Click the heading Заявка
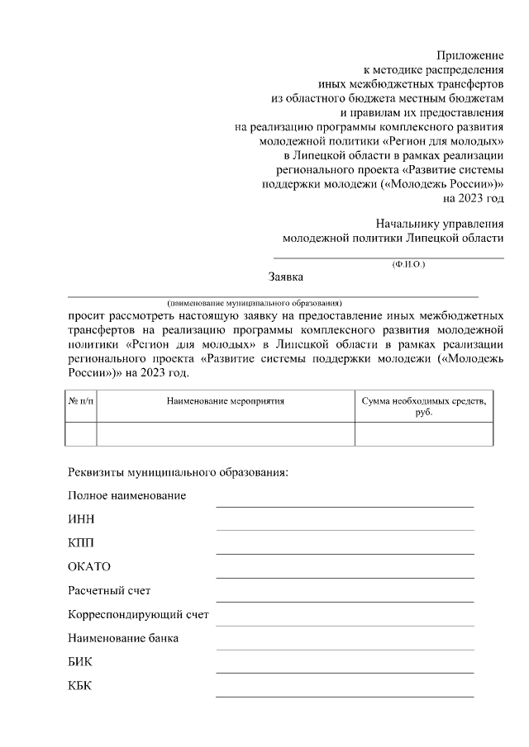click(286, 277)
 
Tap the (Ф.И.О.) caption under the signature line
click(408, 264)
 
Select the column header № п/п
click(80, 401)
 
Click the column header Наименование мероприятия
click(225, 401)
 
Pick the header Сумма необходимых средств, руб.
click(424, 406)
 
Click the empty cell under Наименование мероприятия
click(225, 434)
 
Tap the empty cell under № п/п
click(80, 434)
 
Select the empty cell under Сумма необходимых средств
click(424, 434)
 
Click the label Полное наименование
click(126, 495)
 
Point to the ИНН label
click(81, 519)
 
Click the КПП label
click(81, 543)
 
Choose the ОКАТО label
click(88, 567)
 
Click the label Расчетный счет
click(109, 591)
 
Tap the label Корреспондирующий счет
click(138, 615)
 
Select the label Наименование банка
click(123, 638)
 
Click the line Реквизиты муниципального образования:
click(178, 472)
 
